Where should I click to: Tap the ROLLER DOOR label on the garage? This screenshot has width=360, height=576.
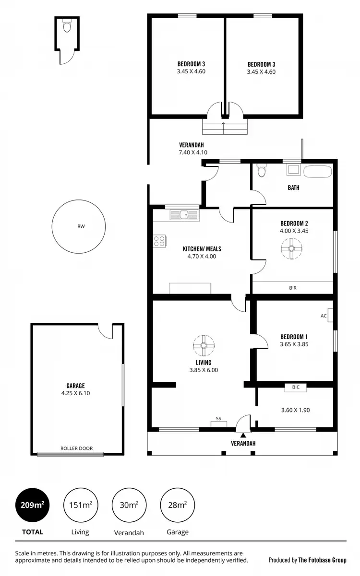(76, 448)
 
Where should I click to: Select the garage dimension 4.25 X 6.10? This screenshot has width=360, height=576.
(76, 393)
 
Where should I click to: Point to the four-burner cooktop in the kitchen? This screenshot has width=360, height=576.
(159, 241)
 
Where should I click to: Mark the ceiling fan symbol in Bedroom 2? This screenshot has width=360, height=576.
(291, 249)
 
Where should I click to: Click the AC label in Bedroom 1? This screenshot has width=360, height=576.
(323, 316)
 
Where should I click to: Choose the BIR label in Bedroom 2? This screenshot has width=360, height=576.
(293, 288)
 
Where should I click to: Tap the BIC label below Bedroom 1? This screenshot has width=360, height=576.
(295, 387)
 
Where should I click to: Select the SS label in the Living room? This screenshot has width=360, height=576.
(218, 419)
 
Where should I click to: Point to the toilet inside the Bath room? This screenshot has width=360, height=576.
(262, 171)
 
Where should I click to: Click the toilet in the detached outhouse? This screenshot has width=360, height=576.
(67, 26)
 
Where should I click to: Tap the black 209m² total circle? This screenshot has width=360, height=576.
(33, 504)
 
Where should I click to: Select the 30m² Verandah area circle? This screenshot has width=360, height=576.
(129, 504)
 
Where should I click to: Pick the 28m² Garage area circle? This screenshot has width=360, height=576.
(177, 504)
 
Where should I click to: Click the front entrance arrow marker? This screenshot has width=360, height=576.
(243, 435)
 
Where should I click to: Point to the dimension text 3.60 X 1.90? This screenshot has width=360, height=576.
(295, 410)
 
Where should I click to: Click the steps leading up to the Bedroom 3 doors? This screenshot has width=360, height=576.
(225, 128)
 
